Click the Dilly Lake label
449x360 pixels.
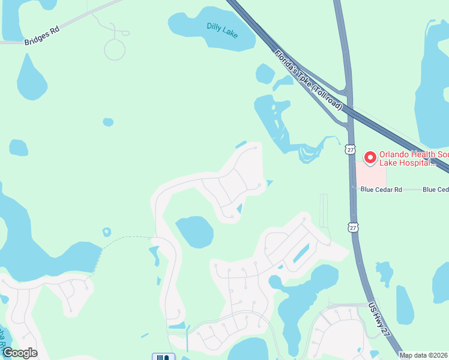(x=222, y=28)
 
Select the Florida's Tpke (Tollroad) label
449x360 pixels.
(x=308, y=80)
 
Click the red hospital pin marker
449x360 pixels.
(x=370, y=158)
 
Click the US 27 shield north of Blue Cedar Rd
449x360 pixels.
(x=351, y=149)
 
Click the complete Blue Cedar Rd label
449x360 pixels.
(x=380, y=190)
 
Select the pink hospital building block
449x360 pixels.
(x=370, y=175)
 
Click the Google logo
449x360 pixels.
(x=20, y=353)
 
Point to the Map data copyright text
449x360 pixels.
(x=424, y=355)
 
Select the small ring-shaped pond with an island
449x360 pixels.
(x=107, y=232)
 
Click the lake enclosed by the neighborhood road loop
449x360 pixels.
(x=194, y=232)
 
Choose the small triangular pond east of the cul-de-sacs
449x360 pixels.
(x=269, y=183)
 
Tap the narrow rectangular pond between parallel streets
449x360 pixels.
(x=301, y=253)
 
